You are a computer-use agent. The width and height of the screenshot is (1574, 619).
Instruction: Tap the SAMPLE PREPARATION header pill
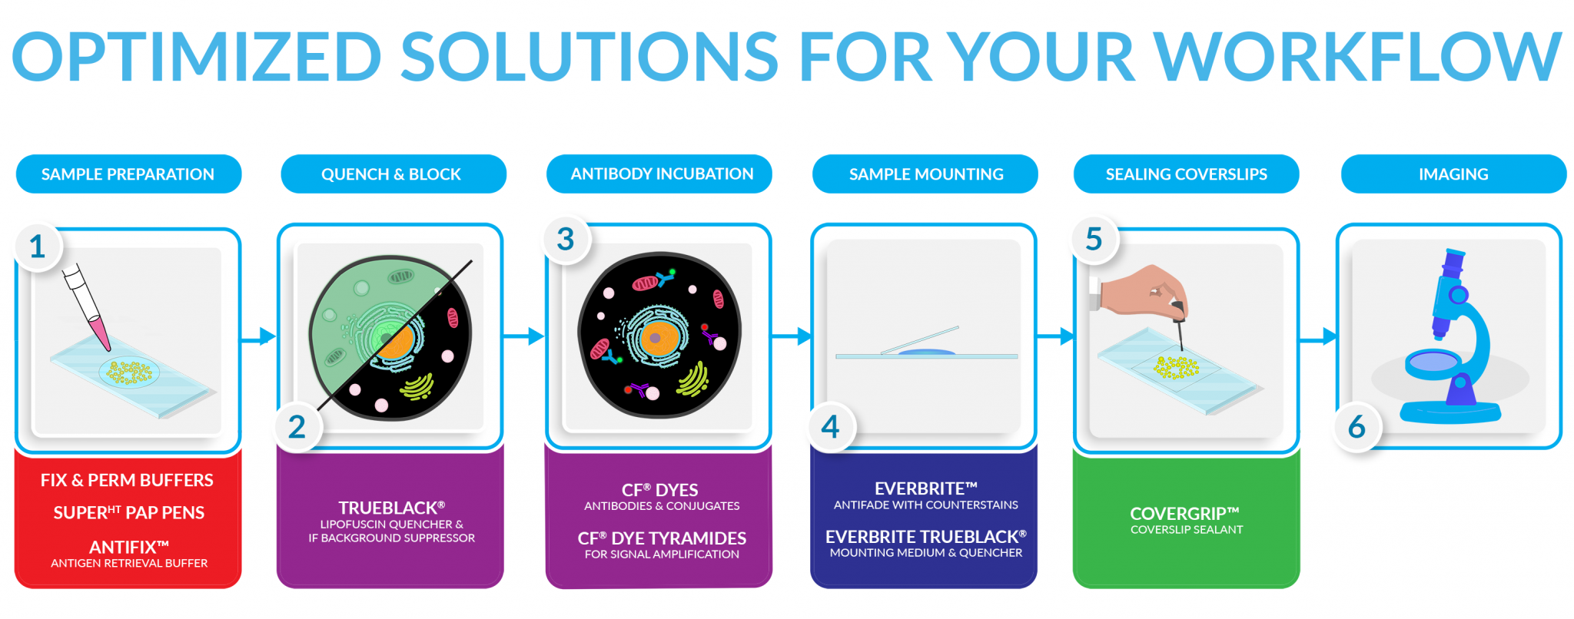click(x=128, y=174)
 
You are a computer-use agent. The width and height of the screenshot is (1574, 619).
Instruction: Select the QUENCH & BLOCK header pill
click(x=393, y=174)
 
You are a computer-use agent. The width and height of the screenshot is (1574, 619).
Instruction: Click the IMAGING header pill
click(x=1453, y=174)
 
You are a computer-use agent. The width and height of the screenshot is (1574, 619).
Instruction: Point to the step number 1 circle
click(x=38, y=247)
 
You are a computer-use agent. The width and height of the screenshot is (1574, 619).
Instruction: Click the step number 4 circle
click(x=831, y=427)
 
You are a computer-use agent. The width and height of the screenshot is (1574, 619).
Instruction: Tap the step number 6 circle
click(x=1357, y=427)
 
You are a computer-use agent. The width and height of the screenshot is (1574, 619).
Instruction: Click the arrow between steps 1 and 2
click(x=258, y=336)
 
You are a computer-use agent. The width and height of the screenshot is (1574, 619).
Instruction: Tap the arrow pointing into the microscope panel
click(x=1318, y=336)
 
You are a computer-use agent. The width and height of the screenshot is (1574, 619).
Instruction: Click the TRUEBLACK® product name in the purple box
click(x=392, y=508)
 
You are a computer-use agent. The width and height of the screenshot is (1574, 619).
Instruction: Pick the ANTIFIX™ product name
click(x=129, y=547)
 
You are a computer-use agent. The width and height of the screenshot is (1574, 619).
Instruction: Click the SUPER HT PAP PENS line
click(x=129, y=512)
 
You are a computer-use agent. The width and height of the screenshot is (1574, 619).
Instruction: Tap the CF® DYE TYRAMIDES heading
click(x=662, y=538)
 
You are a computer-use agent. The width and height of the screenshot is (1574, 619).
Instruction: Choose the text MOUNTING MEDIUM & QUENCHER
click(x=926, y=553)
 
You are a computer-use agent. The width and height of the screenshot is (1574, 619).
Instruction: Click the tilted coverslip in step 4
click(x=919, y=340)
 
